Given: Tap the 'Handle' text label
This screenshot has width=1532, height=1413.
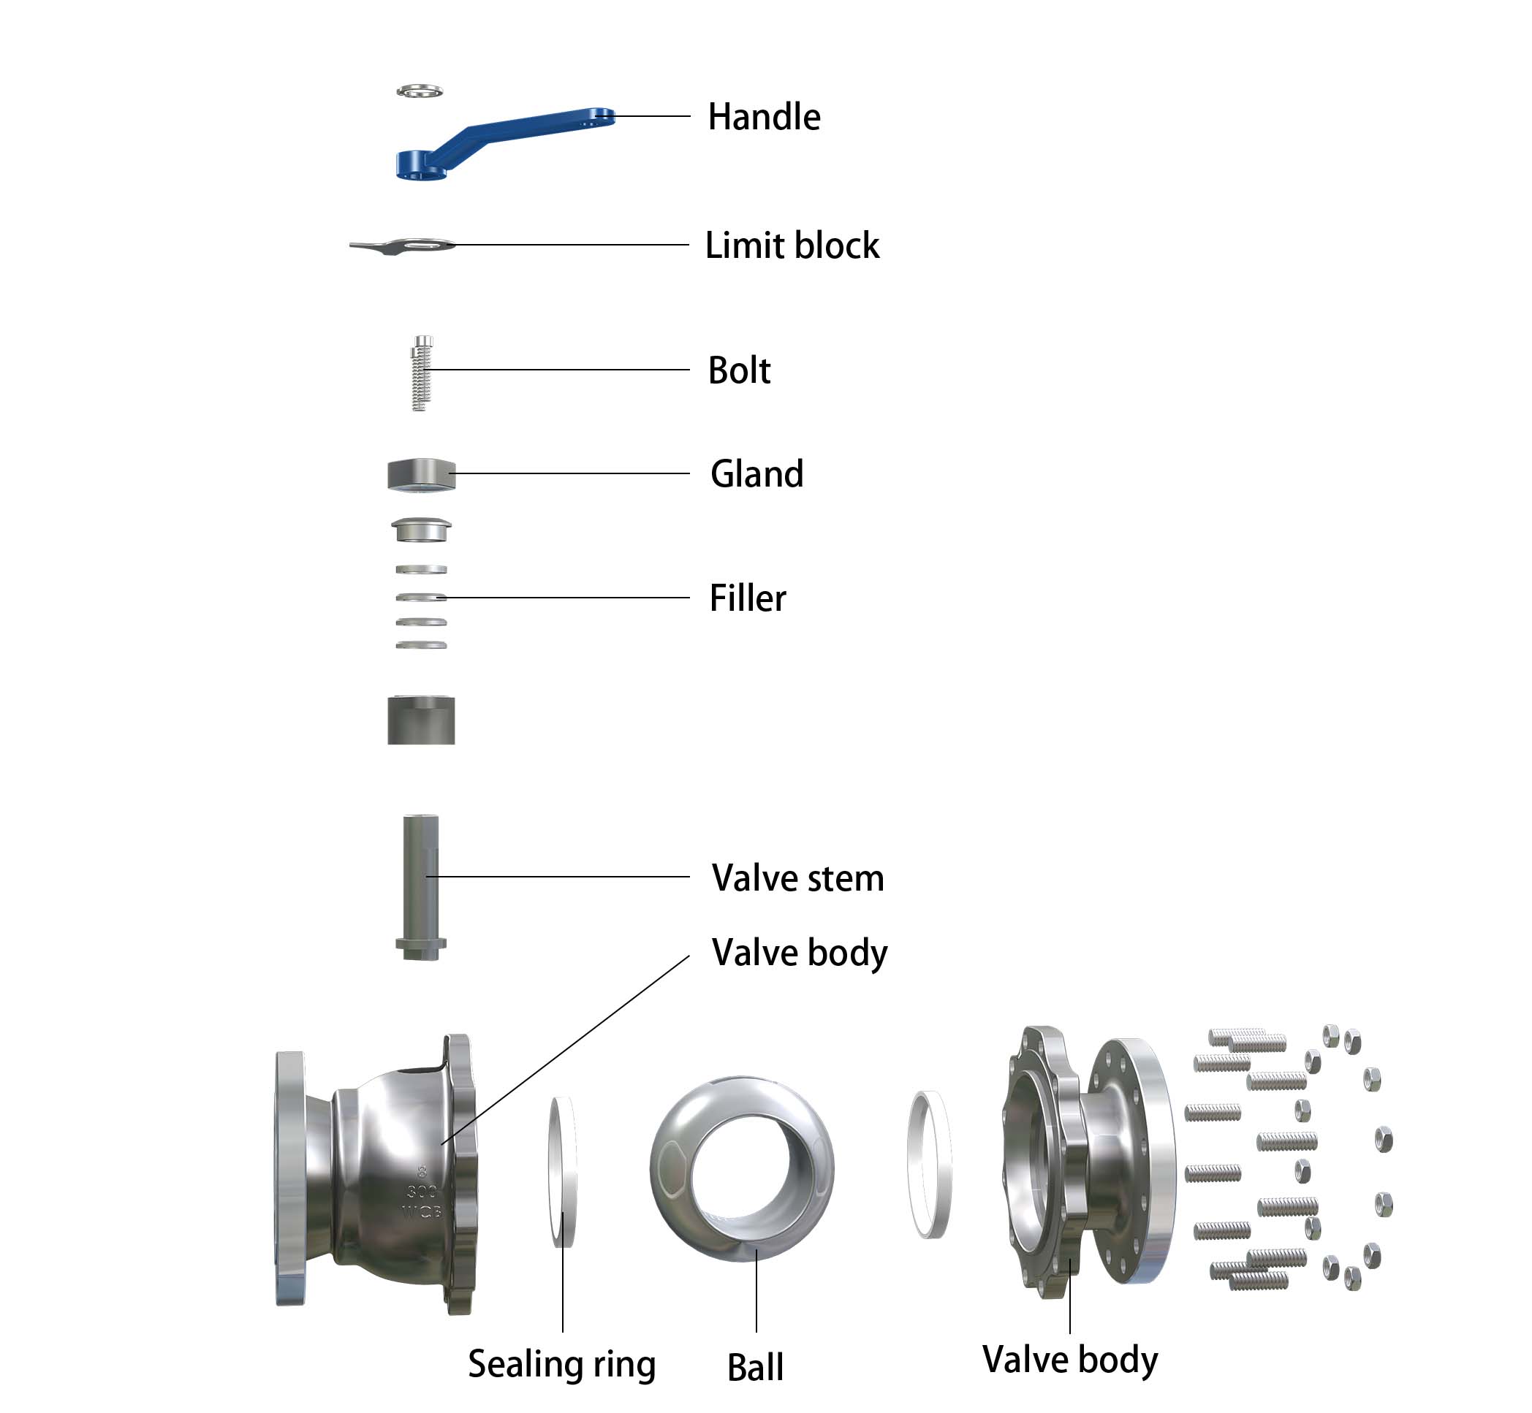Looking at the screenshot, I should [763, 117].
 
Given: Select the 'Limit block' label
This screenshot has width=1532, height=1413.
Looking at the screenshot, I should [792, 245].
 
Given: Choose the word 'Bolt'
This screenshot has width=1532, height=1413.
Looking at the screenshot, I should [739, 370].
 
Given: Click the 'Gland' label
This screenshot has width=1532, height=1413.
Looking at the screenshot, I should [756, 474].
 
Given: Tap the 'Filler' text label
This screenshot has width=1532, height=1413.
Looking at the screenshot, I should [747, 598].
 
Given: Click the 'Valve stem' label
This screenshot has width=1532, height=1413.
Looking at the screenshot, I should [797, 877].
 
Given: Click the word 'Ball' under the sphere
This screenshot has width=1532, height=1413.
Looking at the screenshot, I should [755, 1367].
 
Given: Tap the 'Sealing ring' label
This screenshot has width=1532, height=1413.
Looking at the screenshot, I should [561, 1364].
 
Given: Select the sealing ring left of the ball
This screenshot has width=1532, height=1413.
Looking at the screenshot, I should [564, 1170].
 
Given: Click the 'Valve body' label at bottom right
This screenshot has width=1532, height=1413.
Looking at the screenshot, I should [1069, 1359].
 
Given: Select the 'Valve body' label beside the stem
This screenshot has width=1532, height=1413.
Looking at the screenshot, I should [800, 953].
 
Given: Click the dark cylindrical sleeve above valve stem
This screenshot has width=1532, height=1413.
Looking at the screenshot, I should [421, 720].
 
